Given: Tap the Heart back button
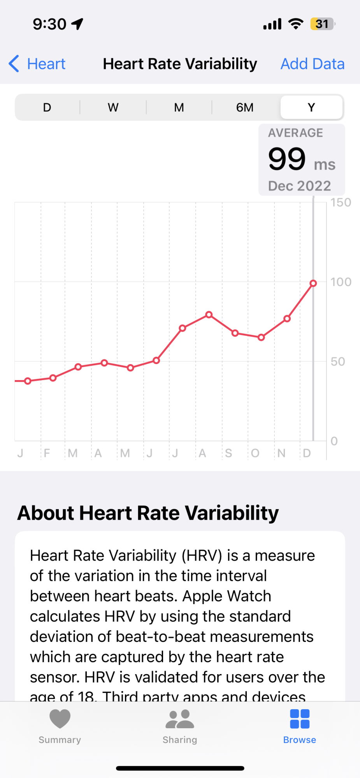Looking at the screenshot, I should point(37,64).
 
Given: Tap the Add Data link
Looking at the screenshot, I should point(313,64).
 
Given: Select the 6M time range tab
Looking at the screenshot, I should point(245,107).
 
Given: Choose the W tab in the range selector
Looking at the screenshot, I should point(113,107).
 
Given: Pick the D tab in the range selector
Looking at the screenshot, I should point(47,107).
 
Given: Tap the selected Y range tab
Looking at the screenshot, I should point(311,107).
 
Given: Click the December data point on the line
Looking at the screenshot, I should point(313,283).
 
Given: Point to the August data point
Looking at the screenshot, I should point(209,314).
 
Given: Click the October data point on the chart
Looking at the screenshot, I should point(261,337).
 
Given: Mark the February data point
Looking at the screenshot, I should point(53,378).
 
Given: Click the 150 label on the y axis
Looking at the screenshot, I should point(341,203).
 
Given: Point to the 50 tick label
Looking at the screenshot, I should point(338,362).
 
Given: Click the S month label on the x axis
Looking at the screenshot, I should point(228,453).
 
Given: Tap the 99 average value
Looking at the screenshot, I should point(287,159).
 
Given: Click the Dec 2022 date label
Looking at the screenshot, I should point(299,186).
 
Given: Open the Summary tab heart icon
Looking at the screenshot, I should point(60,718).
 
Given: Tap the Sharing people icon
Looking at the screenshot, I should point(180,719).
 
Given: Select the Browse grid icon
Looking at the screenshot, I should point(300,719).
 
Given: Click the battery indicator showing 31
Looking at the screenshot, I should point(322,24).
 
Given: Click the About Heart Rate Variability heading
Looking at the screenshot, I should point(148,513).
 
